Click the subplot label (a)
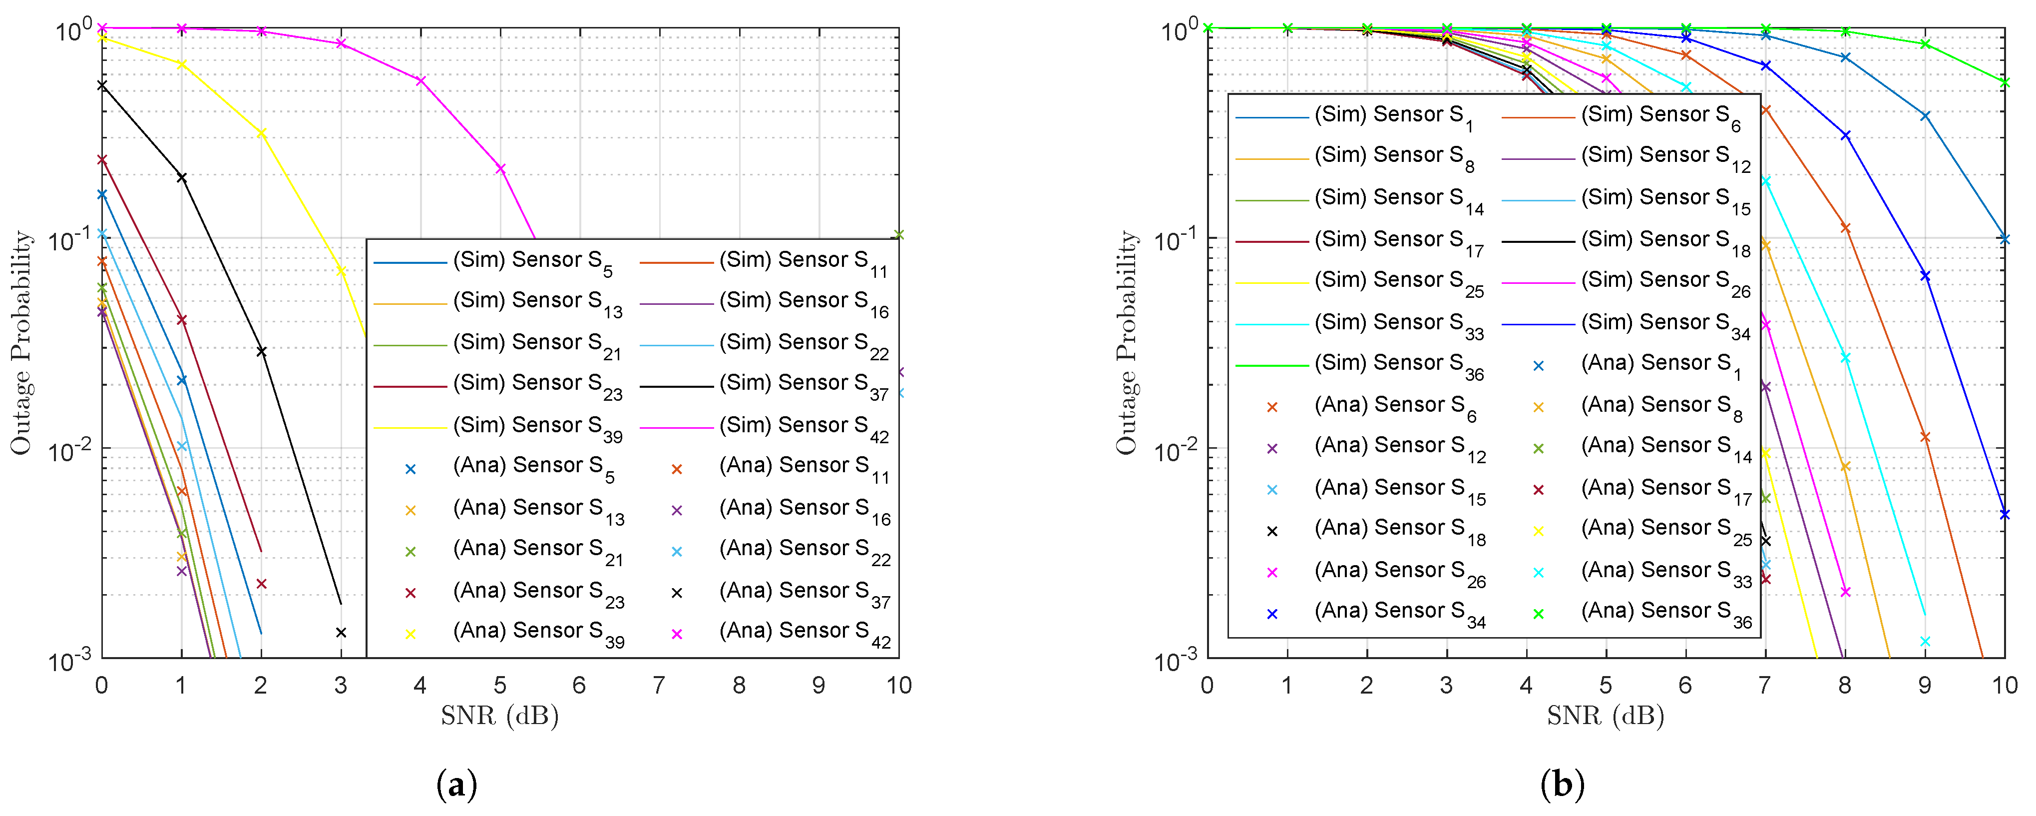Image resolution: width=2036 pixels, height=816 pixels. (457, 785)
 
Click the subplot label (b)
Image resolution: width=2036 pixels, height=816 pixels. (1562, 785)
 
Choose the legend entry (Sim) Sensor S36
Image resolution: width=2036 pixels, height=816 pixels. (1397, 364)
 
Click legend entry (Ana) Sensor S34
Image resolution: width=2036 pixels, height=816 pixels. (1397, 612)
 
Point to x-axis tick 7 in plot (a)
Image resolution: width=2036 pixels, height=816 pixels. (659, 685)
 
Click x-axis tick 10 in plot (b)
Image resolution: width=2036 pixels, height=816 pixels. (2004, 685)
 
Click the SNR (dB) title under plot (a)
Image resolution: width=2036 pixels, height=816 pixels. (499, 716)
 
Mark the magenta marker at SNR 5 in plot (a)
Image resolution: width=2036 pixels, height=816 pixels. (500, 168)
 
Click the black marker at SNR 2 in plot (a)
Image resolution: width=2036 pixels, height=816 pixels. (262, 351)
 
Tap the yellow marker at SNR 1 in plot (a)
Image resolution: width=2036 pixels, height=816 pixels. (182, 64)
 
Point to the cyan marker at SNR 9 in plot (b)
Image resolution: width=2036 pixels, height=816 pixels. (1925, 641)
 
